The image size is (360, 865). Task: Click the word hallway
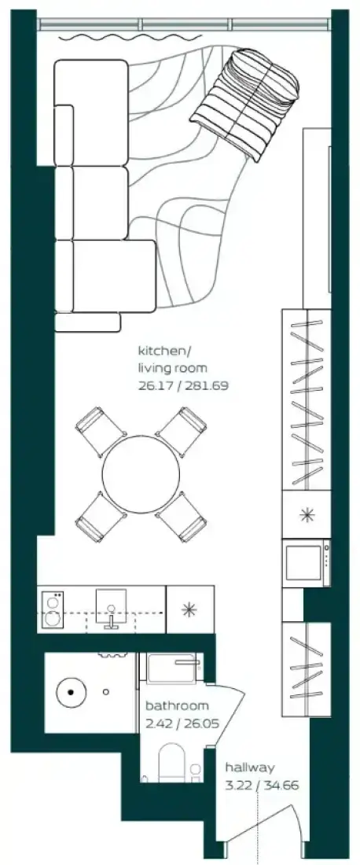250,767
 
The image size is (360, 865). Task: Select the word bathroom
177,705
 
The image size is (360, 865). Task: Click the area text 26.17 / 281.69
182,385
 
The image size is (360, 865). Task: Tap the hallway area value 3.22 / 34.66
262,785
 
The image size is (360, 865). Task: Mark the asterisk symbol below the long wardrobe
307,515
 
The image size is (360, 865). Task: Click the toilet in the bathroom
171,763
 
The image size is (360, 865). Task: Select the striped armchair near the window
245,104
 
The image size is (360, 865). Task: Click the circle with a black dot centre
71,690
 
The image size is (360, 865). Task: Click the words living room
173,368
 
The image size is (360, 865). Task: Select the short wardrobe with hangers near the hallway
306,670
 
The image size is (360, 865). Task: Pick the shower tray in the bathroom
172,668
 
